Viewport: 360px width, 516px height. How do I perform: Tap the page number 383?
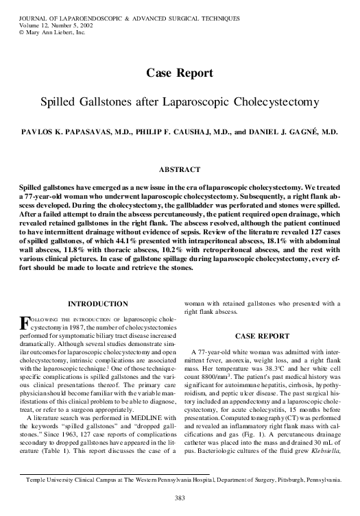point(179,497)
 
